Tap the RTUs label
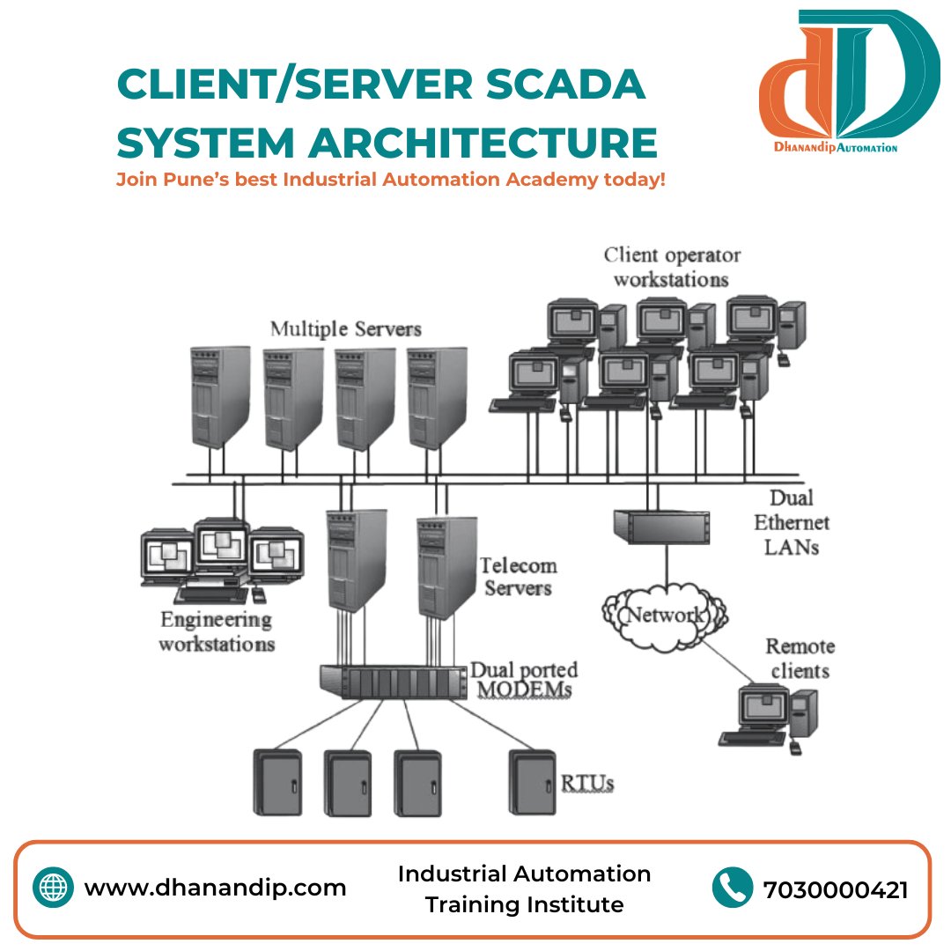[587, 781]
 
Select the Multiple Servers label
[345, 329]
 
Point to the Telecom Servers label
[518, 576]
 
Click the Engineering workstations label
[216, 631]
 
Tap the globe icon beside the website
[53, 888]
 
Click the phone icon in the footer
[733, 888]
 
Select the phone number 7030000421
[836, 889]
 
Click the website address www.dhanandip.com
[215, 888]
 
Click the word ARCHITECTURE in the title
[482, 142]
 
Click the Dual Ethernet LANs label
[791, 522]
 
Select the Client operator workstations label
[671, 267]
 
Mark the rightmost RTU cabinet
[534, 782]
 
